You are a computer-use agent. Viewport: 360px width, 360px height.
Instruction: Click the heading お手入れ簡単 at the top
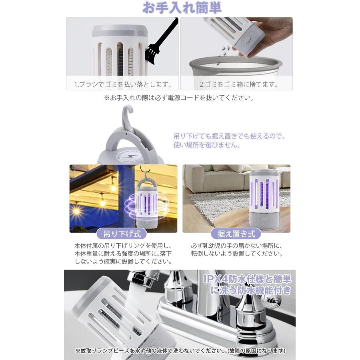pyautogui.click(x=182, y=8)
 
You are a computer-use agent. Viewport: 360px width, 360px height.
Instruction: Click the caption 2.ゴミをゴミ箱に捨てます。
pyautogui.click(x=239, y=84)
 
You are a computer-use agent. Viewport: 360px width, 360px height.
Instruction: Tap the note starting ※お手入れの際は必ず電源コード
pyautogui.click(x=179, y=98)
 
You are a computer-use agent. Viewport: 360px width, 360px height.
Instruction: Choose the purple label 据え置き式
pyautogui.click(x=239, y=233)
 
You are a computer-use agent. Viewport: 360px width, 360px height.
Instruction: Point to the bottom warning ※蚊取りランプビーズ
pyautogui.click(x=180, y=351)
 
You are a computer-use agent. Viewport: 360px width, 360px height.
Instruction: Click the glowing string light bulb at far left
pyautogui.click(x=76, y=210)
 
